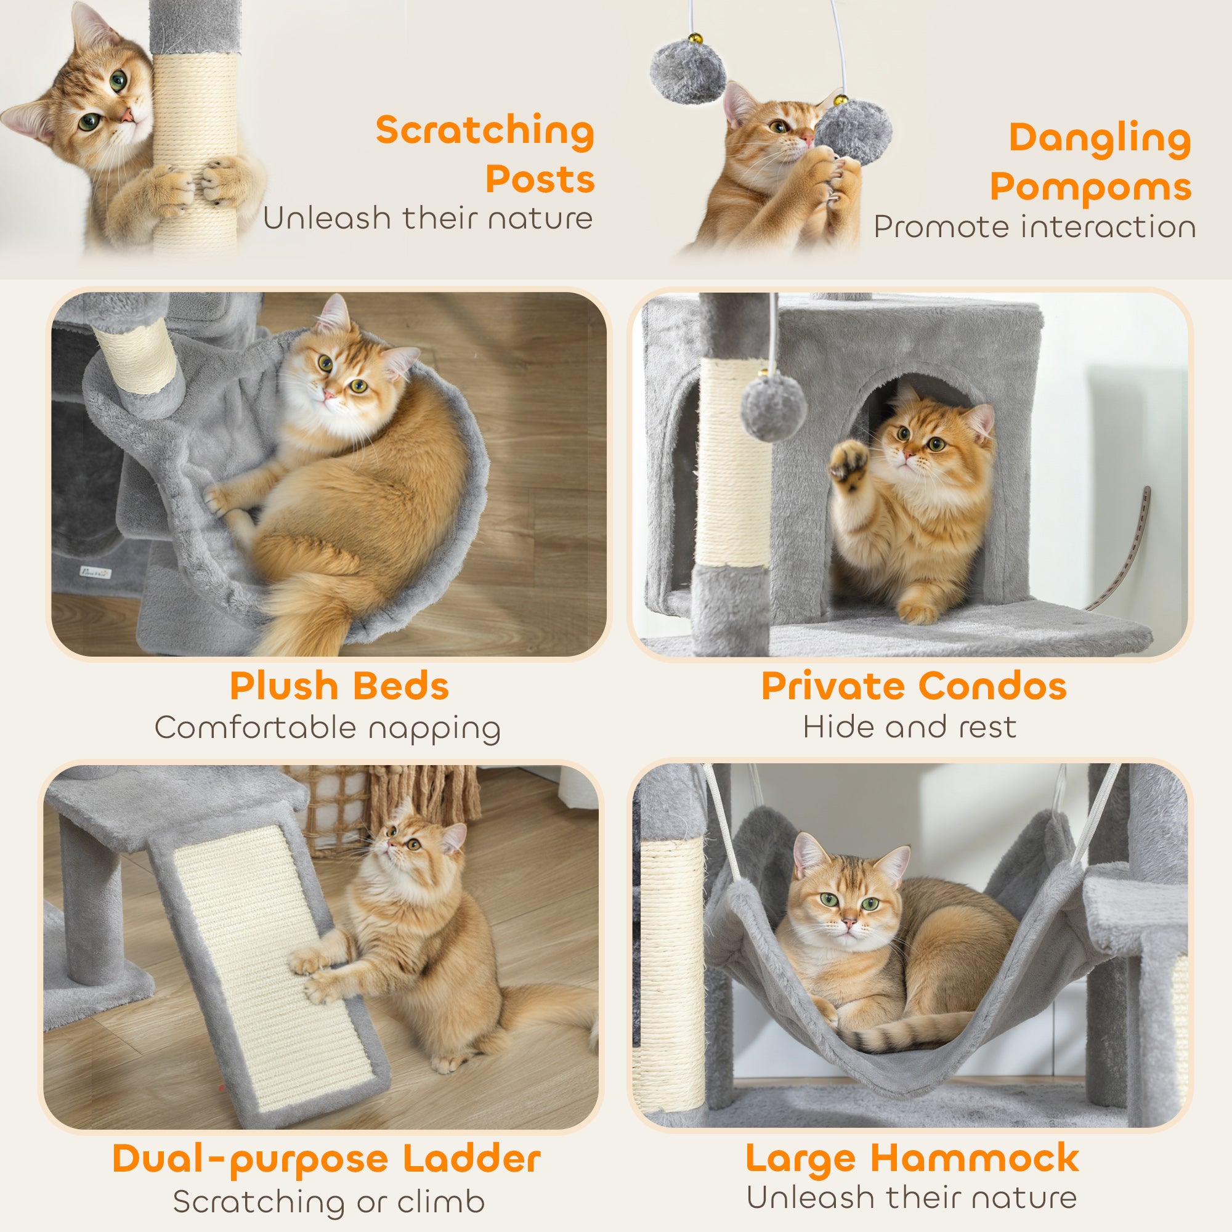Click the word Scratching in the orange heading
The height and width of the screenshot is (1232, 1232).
[485, 131]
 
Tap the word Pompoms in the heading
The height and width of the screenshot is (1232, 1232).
[1090, 187]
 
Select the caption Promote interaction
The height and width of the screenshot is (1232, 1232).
[1034, 227]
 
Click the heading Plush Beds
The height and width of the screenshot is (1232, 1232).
[339, 686]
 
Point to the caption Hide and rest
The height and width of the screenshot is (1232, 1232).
[909, 727]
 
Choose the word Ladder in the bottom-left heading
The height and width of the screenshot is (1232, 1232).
[472, 1159]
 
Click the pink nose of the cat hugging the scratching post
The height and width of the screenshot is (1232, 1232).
[128, 115]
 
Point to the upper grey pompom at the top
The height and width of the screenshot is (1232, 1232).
[688, 70]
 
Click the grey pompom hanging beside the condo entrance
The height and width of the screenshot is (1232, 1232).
[774, 407]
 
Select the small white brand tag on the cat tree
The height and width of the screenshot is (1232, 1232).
[95, 573]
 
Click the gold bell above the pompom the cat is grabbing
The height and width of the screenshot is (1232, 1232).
[841, 100]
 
